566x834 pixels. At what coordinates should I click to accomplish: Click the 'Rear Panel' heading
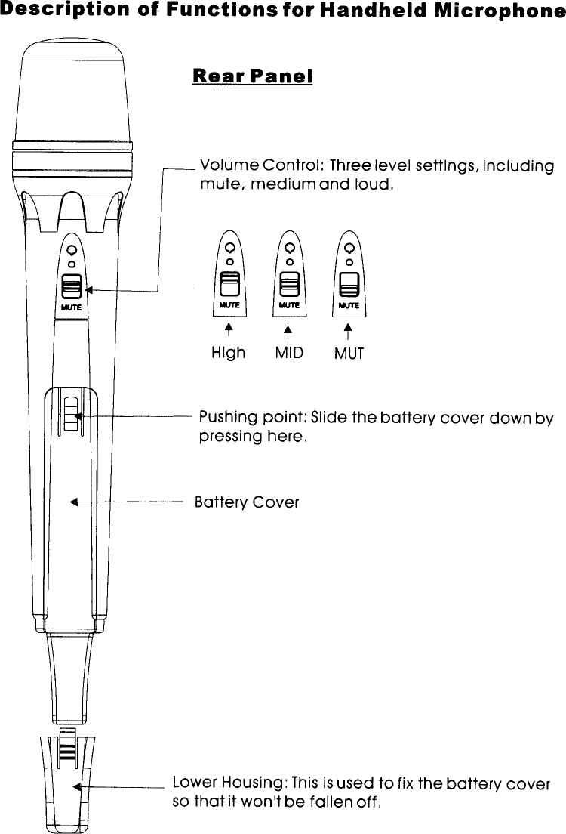[253, 77]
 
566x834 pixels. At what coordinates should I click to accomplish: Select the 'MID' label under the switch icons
[289, 353]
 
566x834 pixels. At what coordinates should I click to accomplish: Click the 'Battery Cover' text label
[247, 502]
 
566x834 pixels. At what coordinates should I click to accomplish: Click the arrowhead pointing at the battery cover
[74, 501]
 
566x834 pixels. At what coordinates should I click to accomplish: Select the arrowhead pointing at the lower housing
[77, 786]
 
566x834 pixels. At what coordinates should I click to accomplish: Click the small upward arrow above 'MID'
[288, 330]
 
